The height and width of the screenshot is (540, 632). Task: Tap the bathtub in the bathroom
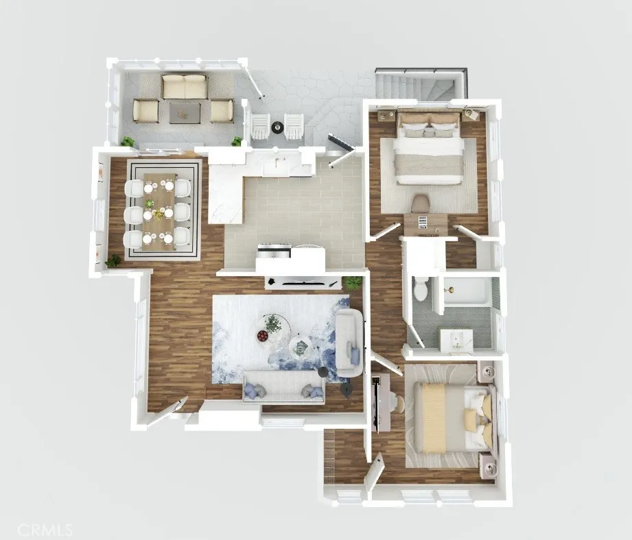467,290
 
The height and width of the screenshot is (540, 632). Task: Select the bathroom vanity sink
456,341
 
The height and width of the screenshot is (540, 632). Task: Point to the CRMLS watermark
45,530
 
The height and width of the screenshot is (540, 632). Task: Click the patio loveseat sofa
184,86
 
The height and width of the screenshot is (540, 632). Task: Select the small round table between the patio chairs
277,127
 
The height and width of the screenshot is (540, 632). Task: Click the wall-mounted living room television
302,282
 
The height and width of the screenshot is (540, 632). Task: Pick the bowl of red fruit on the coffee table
262,336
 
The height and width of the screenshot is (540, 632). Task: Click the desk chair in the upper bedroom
421,202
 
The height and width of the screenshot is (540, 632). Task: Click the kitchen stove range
274,250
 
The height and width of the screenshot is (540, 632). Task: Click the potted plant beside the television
352,282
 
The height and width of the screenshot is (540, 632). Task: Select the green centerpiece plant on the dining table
150,204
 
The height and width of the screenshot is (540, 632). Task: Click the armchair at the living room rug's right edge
349,343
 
